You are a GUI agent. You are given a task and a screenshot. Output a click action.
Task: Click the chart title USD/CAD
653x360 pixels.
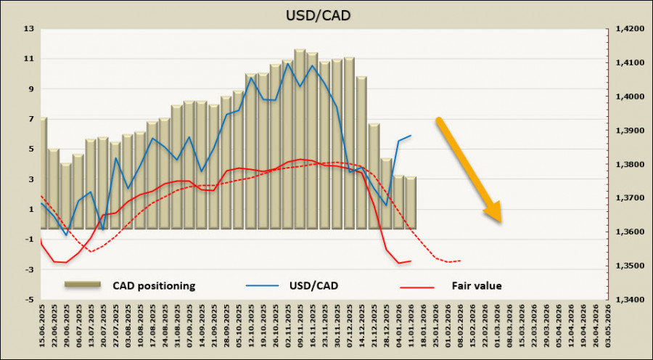coord(326,14)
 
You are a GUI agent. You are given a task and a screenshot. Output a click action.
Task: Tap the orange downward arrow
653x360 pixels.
coord(468,169)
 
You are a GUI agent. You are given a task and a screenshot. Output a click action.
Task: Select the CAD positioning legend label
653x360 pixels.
coord(154,286)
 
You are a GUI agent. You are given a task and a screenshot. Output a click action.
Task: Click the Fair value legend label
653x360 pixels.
coord(476,286)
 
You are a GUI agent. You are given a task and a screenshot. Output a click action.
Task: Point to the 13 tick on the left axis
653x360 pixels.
coord(29,29)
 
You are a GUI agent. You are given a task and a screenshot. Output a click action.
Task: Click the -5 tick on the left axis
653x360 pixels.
coord(29,300)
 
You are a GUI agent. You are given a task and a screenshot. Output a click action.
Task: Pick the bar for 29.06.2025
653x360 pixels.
coord(66,196)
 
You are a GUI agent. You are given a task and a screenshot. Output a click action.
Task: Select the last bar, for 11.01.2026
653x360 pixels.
coord(411,202)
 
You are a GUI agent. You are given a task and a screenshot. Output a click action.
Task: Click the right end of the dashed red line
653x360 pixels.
coord(460,261)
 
